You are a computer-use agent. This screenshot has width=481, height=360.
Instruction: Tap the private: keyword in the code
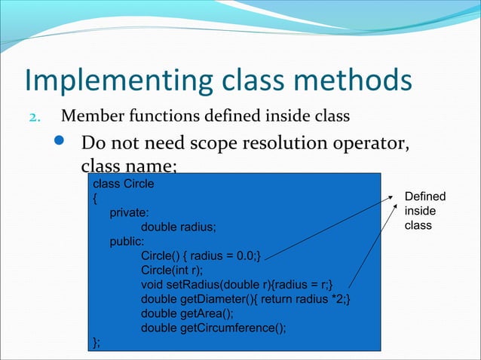[129, 213]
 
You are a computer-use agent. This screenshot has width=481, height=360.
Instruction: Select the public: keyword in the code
[127, 242]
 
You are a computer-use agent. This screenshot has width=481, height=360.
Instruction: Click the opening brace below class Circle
[94, 199]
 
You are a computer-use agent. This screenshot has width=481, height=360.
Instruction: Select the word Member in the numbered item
[86, 117]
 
